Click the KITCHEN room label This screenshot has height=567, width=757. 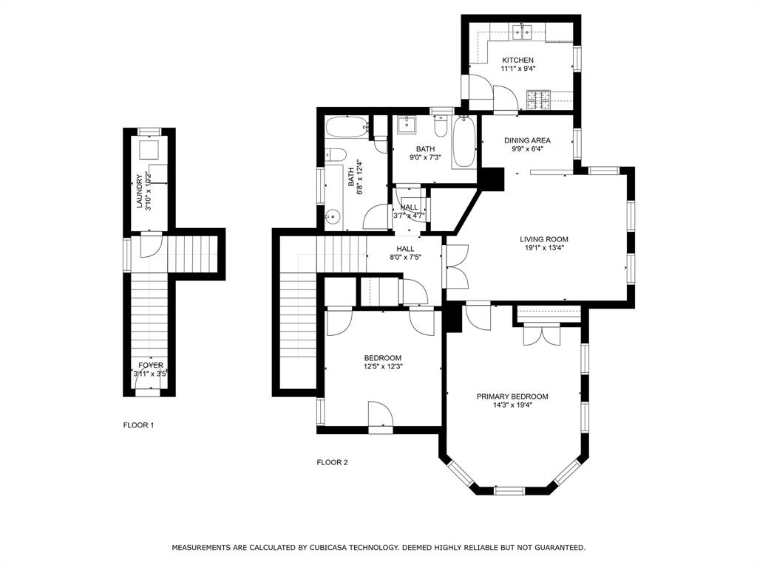point(517,60)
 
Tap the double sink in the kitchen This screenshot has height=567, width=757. point(524,32)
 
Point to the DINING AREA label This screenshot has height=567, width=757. point(527,140)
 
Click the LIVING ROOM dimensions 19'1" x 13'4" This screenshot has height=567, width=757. point(543,248)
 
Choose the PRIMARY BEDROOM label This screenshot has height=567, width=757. point(512,396)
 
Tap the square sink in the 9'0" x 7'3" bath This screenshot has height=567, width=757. point(405,125)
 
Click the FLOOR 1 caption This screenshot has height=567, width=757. point(138,425)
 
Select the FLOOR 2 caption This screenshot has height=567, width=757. point(332,463)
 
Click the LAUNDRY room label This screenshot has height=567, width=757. point(139,191)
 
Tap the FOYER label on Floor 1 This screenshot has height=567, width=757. point(151,365)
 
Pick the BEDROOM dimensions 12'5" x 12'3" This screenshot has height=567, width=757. point(382,366)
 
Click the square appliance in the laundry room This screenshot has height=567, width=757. point(149,150)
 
